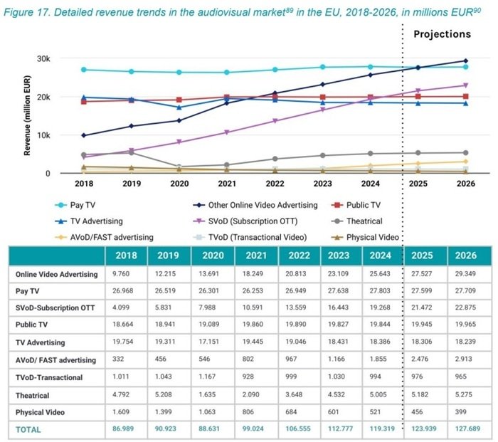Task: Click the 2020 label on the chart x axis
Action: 179,183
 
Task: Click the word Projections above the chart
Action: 442,34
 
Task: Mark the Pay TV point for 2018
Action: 84,70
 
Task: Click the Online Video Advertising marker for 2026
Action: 465,61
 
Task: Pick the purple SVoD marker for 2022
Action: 275,121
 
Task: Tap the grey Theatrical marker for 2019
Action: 132,153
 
